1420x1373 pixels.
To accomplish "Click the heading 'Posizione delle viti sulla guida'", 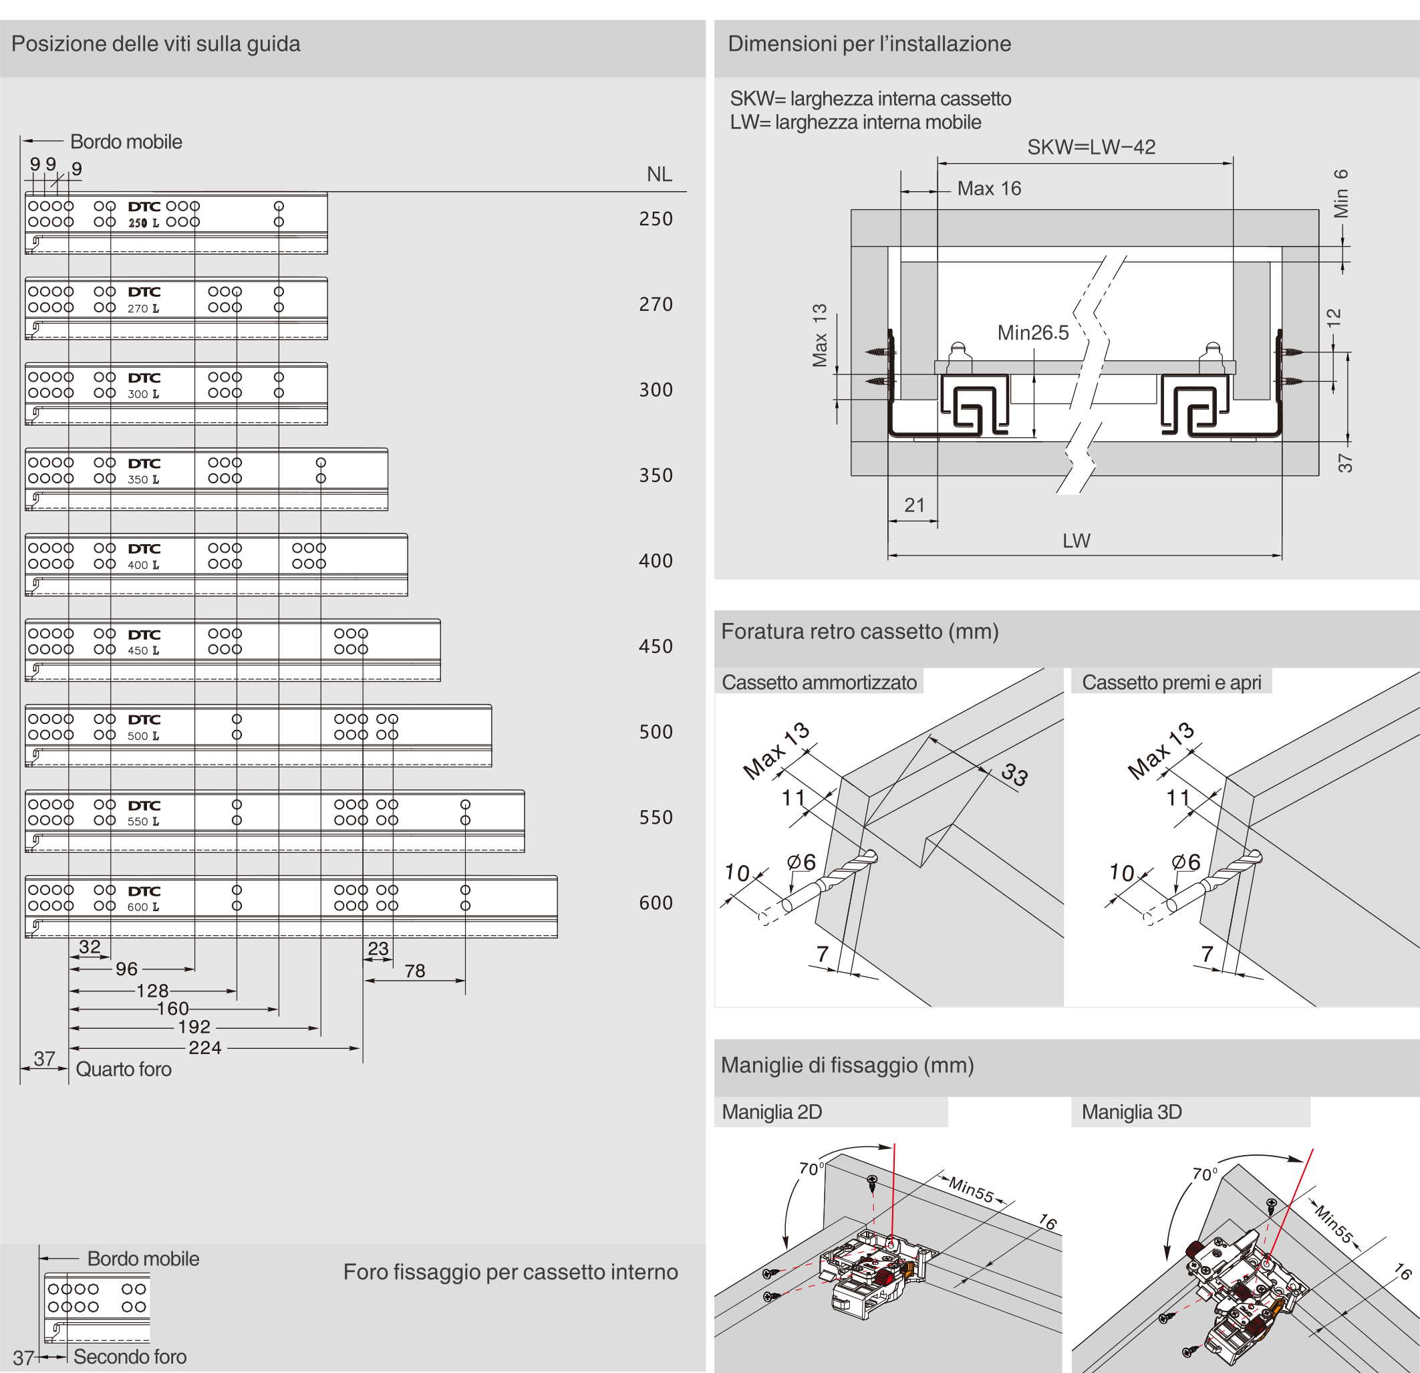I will (156, 44).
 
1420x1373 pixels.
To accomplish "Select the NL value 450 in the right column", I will (656, 646).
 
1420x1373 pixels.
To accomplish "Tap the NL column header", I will (660, 174).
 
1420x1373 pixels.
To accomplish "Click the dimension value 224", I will (205, 1047).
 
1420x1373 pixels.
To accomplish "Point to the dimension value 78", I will (414, 971).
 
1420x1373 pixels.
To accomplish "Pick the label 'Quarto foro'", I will (123, 1070).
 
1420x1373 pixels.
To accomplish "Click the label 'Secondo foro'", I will (130, 1356).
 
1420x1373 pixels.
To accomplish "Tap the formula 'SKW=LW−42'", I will (1091, 147).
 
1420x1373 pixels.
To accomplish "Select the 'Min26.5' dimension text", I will (1032, 333).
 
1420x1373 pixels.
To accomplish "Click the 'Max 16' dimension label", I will (989, 189).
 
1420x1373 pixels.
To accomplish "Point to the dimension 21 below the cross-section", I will (914, 505).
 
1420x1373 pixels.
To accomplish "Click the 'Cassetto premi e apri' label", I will (1171, 682).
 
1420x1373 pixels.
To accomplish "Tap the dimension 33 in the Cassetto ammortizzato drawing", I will (1014, 775).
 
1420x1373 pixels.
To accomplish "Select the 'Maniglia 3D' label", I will (1131, 1112).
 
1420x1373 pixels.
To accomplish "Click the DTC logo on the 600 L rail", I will (144, 891).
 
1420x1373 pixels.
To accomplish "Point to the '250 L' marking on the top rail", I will (143, 223).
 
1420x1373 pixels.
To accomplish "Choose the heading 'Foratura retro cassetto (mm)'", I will (860, 631).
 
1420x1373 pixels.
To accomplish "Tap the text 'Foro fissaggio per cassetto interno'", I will (510, 1271).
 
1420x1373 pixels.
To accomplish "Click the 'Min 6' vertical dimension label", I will (1341, 193).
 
